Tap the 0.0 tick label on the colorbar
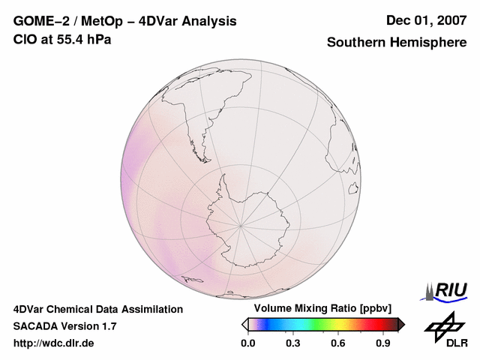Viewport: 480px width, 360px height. (x=247, y=343)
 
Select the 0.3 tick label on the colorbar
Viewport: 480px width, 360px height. (x=292, y=343)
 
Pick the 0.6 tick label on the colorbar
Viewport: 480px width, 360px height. (x=338, y=343)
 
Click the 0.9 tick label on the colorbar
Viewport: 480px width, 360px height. (x=383, y=343)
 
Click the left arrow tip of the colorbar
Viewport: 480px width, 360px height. (x=244, y=324)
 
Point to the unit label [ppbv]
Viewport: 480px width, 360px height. (x=376, y=309)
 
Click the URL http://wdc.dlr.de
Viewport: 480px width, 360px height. (x=54, y=343)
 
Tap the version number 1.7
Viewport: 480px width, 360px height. (x=108, y=326)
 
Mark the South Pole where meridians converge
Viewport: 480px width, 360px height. (x=240, y=224)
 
